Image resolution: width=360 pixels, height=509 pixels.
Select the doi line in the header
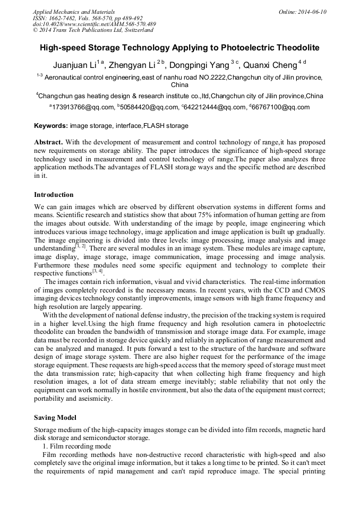(x=94, y=24)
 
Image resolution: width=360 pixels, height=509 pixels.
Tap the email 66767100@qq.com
(x=281, y=108)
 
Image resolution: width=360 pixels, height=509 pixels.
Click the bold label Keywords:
(x=51, y=126)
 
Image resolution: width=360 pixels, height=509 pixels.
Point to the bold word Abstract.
(x=48, y=143)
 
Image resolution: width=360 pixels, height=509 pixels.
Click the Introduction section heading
(x=54, y=195)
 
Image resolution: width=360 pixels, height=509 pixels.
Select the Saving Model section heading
(x=55, y=418)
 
